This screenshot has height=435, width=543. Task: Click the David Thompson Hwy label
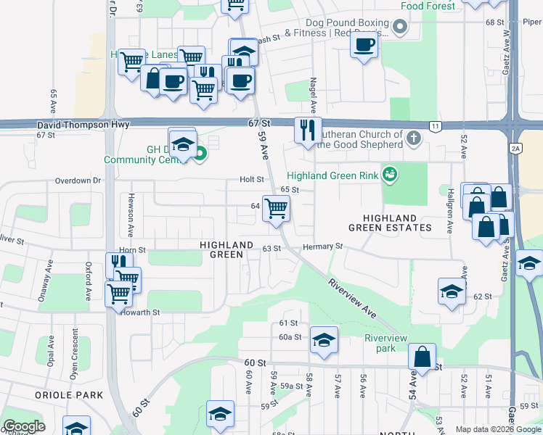(x=83, y=125)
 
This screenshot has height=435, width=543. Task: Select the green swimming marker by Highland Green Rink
(x=390, y=174)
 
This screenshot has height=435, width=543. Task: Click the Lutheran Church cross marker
(x=414, y=138)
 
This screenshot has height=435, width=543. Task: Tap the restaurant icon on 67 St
(x=308, y=130)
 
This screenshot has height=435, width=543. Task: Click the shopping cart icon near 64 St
(x=277, y=210)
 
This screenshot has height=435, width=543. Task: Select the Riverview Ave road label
(x=352, y=298)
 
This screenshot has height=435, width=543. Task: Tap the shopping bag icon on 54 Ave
(x=422, y=357)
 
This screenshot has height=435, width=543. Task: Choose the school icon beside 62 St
(x=452, y=292)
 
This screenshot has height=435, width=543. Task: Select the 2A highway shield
(x=515, y=148)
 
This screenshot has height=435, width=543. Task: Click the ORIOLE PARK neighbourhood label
(x=69, y=395)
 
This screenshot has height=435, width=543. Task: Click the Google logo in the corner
(x=24, y=426)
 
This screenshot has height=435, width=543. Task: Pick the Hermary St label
(x=322, y=247)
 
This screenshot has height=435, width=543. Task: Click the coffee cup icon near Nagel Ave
(x=364, y=46)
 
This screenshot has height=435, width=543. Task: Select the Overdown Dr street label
(x=75, y=180)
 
